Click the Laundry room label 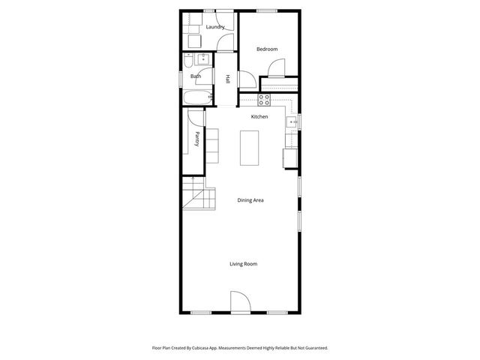click(x=216, y=28)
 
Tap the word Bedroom click(x=267, y=49)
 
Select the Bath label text click(x=196, y=76)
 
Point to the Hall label click(x=227, y=79)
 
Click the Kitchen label click(x=259, y=116)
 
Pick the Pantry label click(x=196, y=138)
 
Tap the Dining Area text click(x=250, y=200)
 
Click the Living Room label click(x=244, y=263)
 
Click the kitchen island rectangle click(x=249, y=148)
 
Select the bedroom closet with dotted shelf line click(x=280, y=84)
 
